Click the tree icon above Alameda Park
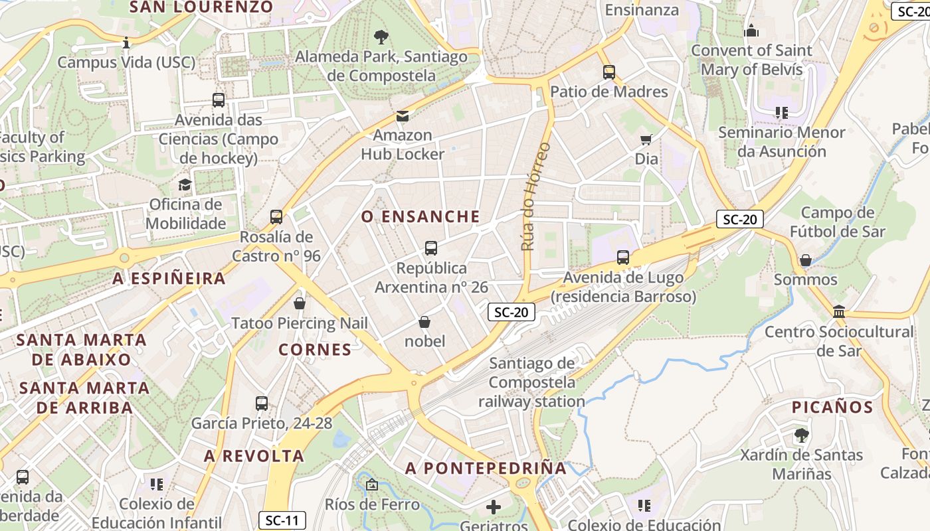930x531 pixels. tap(381, 37)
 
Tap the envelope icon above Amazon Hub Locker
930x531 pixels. tap(403, 116)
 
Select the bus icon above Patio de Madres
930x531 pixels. tap(609, 72)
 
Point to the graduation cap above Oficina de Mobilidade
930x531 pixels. tap(185, 185)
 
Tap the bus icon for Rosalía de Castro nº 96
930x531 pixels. tap(276, 217)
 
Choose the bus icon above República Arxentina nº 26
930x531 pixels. tap(431, 248)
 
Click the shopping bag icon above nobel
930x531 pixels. tap(424, 322)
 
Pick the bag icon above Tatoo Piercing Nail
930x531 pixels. tap(300, 303)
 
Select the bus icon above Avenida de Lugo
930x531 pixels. tap(623, 258)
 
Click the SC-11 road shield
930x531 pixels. tap(282, 520)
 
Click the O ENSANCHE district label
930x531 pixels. tap(420, 216)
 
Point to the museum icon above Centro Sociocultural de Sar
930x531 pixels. tap(839, 311)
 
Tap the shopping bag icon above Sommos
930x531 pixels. tap(806, 260)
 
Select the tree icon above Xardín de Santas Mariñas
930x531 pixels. tap(801, 435)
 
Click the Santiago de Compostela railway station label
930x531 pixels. tap(531, 382)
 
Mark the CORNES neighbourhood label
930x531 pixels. tap(315, 350)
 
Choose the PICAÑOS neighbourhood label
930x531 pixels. tap(832, 408)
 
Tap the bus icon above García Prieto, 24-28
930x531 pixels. tap(262, 403)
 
